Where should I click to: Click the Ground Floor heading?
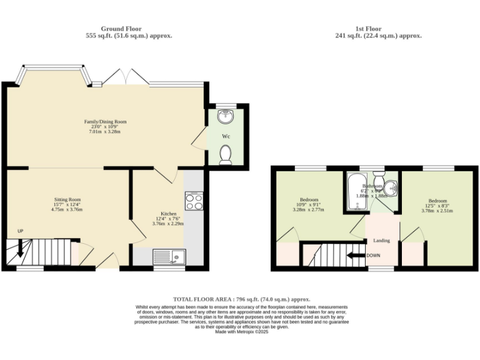121,29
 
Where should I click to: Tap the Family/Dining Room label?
106,122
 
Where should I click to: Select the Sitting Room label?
68,200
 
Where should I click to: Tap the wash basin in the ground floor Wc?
226,116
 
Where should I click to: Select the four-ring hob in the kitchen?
193,201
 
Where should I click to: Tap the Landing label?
382,240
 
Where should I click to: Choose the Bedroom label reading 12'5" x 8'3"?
437,205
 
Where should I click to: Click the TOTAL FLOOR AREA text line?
241,299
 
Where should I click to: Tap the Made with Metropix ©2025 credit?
241,331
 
